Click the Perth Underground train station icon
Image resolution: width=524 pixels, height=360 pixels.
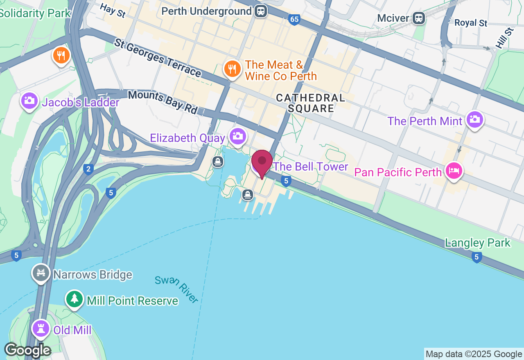(x=260, y=11)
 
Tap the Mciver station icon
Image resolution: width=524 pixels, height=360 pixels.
(x=418, y=18)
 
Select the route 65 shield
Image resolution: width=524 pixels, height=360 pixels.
(x=294, y=20)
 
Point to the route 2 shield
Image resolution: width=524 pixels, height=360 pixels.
(x=88, y=169)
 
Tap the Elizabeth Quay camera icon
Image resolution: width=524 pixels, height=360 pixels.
(x=238, y=136)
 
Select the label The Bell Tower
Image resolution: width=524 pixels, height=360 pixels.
(x=310, y=166)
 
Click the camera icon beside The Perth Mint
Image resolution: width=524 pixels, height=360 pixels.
(x=474, y=119)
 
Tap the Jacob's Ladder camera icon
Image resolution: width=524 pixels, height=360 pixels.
(x=29, y=101)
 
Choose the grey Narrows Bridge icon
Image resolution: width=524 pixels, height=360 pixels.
(x=41, y=273)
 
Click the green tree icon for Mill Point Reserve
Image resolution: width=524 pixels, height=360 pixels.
(x=74, y=299)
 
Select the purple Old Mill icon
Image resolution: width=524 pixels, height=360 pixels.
(x=41, y=328)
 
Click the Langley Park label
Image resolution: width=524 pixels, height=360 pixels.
(x=478, y=243)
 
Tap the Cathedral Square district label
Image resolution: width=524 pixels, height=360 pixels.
(x=310, y=103)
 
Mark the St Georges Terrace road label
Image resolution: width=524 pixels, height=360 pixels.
(x=158, y=58)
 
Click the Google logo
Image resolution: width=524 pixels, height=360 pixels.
(x=27, y=350)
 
